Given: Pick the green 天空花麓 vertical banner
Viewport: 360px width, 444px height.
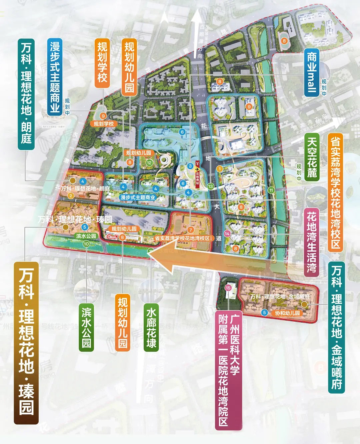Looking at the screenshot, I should point(312,157).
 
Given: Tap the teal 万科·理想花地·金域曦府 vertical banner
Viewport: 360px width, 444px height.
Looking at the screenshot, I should point(336,327).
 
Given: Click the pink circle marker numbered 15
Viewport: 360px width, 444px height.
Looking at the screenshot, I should point(228,288).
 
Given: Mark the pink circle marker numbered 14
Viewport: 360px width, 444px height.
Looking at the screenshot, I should point(227,234).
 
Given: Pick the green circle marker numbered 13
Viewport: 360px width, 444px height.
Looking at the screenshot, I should point(210,186).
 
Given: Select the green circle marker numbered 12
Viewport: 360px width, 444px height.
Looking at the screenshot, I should point(149,163).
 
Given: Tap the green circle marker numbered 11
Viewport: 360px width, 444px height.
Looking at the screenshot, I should point(271,190).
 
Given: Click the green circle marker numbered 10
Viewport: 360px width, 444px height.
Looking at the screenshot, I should point(86,244).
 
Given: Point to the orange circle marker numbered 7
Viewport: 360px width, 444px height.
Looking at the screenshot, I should point(191,230).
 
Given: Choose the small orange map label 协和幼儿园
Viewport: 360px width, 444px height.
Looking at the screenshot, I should point(287,313).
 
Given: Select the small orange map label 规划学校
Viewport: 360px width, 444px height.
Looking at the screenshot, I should point(103,124).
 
